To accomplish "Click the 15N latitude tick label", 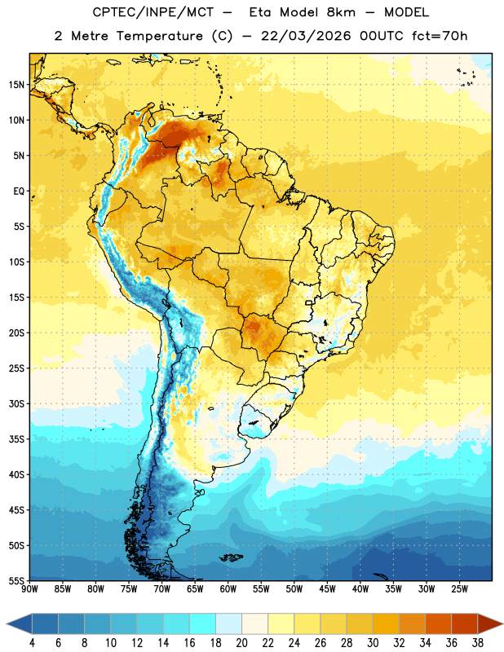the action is pyautogui.click(x=16, y=85).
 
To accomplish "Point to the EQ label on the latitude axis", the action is pyautogui.click(x=19, y=192).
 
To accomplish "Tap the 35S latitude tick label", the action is pyautogui.click(x=16, y=439).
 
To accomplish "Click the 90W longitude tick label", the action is pyautogui.click(x=29, y=588).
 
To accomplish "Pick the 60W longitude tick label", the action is pyautogui.click(x=228, y=588).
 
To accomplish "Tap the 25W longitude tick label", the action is pyautogui.click(x=459, y=588).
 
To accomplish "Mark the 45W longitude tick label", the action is pyautogui.click(x=327, y=588).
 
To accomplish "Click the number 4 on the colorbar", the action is pyautogui.click(x=32, y=643).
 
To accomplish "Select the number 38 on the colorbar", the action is pyautogui.click(x=478, y=643).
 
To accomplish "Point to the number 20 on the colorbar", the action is pyautogui.click(x=241, y=643).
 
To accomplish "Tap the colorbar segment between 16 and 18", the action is pyautogui.click(x=203, y=623).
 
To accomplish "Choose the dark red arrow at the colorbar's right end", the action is pyautogui.click(x=490, y=623).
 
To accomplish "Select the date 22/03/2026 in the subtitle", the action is pyautogui.click(x=307, y=36).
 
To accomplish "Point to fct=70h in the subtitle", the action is pyautogui.click(x=440, y=36).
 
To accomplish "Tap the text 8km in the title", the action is pyautogui.click(x=341, y=12).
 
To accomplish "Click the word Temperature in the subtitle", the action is pyautogui.click(x=160, y=36).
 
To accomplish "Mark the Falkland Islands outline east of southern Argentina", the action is pyautogui.click(x=232, y=557).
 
